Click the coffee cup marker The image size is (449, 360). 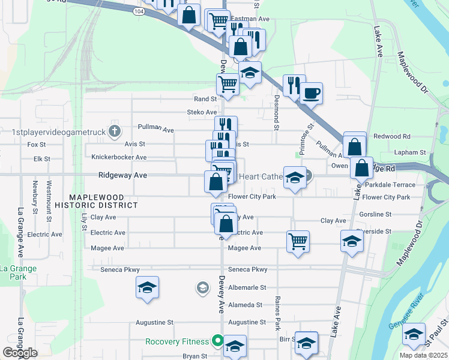(x=311, y=94)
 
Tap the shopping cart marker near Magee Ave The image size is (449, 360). (x=298, y=241)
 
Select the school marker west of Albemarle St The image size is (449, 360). (x=147, y=288)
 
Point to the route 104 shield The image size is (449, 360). (x=140, y=11)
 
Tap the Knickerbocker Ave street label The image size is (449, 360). (x=119, y=157)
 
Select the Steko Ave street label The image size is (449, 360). (x=202, y=112)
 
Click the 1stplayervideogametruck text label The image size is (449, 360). (x=58, y=131)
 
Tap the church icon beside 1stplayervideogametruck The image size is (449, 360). (x=116, y=131)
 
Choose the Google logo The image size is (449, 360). (x=20, y=353)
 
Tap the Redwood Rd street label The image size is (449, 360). (x=391, y=137)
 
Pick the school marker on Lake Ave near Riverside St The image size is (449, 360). (x=352, y=241)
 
